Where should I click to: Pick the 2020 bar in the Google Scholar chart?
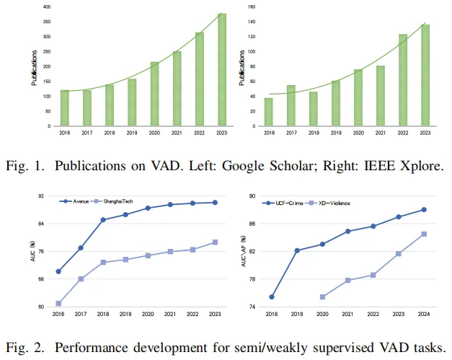tap(154, 94)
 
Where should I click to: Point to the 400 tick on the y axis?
tap(47, 6)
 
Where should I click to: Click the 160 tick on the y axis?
tap(252, 6)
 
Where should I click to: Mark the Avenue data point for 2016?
tap(58, 271)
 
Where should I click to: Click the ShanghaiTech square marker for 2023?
tap(215, 242)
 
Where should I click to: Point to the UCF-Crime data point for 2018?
tap(272, 297)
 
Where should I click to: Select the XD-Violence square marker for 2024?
tap(424, 234)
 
